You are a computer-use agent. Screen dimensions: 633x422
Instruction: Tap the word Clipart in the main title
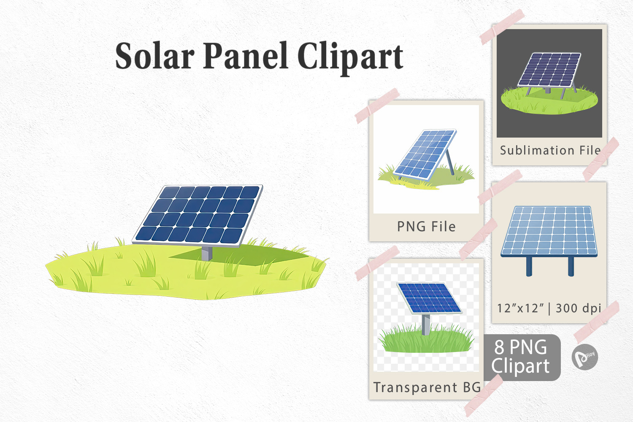350,58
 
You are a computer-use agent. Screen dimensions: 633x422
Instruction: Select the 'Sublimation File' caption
550,150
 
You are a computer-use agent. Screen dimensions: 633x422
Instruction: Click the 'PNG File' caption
426,227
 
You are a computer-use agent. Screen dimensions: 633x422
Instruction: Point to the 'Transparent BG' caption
427,387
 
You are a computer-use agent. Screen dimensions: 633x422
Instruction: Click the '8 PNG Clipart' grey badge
522,357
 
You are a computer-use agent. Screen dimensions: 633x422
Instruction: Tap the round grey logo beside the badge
584,357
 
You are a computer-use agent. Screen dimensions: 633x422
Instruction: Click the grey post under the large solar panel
207,254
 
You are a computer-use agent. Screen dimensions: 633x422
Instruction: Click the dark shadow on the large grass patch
240,255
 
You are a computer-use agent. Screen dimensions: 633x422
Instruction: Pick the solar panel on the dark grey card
549,70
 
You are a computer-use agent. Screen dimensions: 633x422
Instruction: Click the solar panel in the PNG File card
425,154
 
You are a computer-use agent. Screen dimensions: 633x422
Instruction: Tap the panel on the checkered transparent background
429,298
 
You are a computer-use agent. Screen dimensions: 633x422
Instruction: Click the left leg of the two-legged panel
529,266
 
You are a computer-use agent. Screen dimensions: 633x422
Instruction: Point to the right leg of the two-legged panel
571,266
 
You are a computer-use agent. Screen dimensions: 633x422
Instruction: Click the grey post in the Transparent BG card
425,325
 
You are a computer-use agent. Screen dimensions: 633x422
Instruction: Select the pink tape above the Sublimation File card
502,27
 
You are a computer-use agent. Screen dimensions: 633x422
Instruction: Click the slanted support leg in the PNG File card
450,162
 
